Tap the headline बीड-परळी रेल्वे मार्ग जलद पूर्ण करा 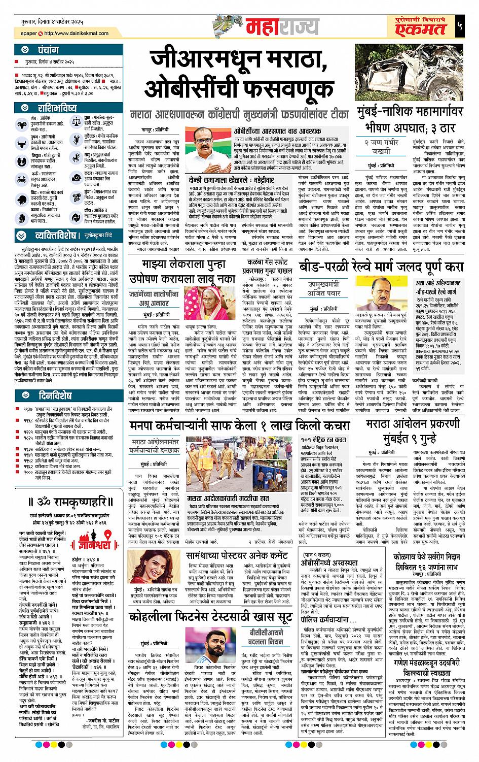tap(381, 266)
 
